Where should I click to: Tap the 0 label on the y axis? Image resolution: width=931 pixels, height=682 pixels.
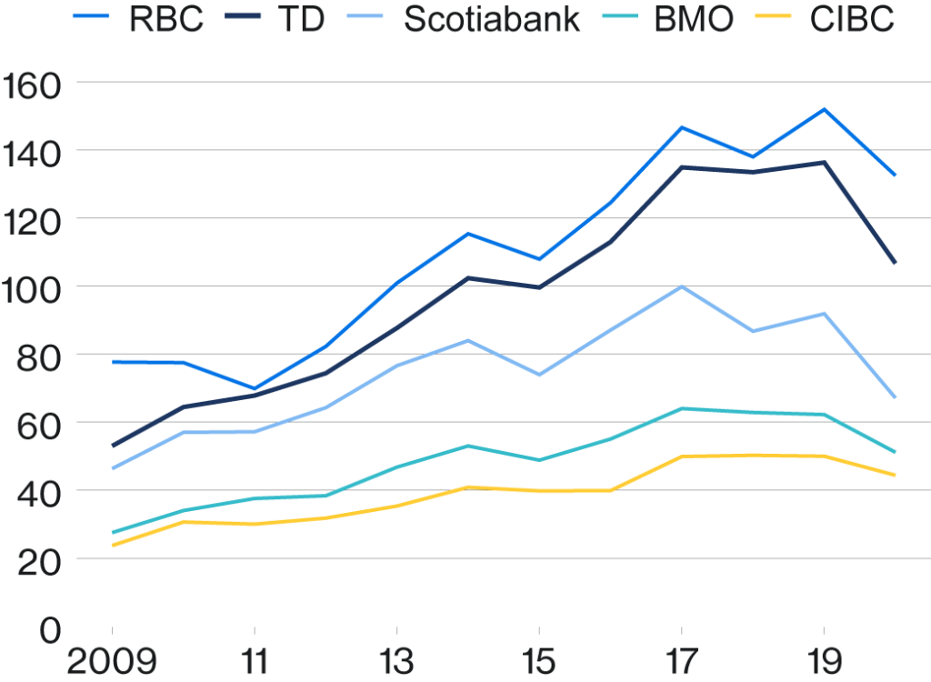[50, 628]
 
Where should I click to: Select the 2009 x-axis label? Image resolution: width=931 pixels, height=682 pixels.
[112, 661]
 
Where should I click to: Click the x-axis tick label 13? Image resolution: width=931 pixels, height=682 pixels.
[396, 661]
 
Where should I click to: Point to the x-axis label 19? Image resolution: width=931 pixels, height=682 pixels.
[824, 661]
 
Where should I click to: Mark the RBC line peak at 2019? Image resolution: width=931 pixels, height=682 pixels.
[824, 109]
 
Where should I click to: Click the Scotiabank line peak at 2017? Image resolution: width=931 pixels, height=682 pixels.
[682, 286]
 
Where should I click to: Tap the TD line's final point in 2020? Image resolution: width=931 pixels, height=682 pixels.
[896, 264]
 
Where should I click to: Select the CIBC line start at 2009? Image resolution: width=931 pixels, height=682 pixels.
[113, 546]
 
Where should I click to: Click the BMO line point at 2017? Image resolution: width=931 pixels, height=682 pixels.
[682, 408]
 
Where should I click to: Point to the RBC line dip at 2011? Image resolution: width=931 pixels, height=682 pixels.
[255, 389]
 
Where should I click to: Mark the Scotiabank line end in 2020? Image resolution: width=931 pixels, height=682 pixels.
[896, 397]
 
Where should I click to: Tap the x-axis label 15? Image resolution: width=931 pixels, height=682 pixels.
[539, 661]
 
